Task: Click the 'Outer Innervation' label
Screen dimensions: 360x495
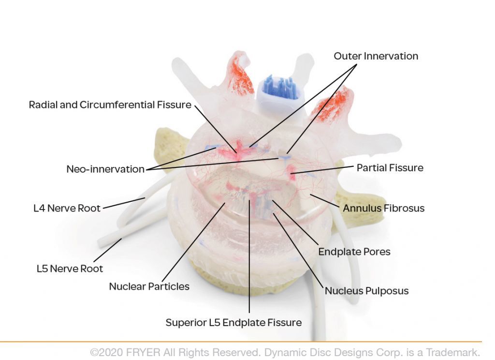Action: click(x=376, y=56)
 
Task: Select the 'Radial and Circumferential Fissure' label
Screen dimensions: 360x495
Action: click(x=110, y=105)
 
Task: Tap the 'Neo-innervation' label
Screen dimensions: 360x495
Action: click(x=105, y=169)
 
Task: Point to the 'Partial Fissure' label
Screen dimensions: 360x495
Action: click(x=390, y=168)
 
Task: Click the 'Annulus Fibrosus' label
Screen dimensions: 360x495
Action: click(x=383, y=209)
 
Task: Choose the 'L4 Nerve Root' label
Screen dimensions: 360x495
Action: click(x=67, y=209)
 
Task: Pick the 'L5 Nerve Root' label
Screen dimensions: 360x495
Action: click(x=70, y=268)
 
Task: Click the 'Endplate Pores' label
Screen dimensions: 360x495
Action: click(x=354, y=252)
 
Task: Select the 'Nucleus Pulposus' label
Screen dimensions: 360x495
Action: click(x=366, y=291)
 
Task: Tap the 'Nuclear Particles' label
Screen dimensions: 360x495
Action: click(x=149, y=286)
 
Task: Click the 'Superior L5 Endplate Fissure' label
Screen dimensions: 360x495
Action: click(x=233, y=322)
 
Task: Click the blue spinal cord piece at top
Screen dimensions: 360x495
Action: click(x=277, y=87)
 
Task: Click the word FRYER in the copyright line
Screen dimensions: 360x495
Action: click(x=143, y=352)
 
